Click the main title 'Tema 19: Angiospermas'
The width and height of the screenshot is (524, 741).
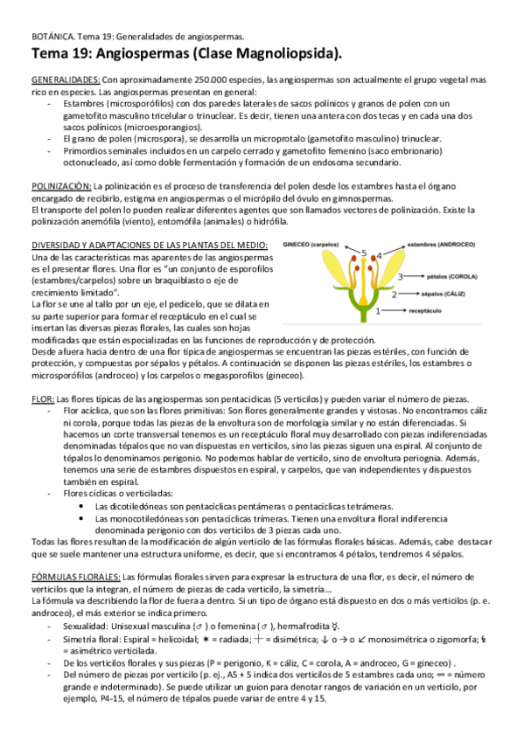[122, 53]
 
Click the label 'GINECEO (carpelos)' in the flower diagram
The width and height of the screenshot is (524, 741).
[311, 246]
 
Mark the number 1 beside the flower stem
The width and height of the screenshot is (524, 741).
[378, 310]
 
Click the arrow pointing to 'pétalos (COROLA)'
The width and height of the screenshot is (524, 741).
[416, 276]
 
